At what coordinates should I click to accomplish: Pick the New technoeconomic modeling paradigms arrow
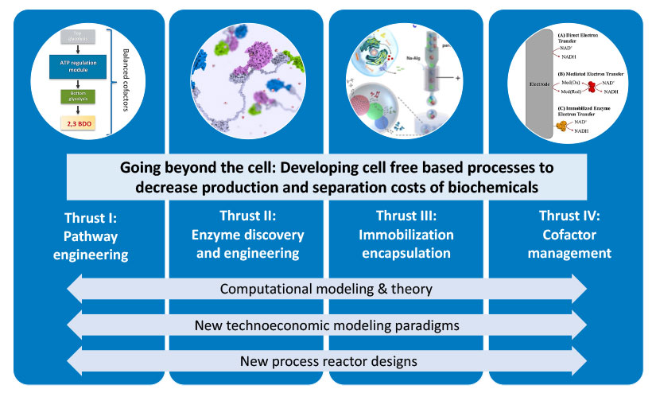(x=328, y=325)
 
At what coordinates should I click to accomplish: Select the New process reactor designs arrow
(x=328, y=360)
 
